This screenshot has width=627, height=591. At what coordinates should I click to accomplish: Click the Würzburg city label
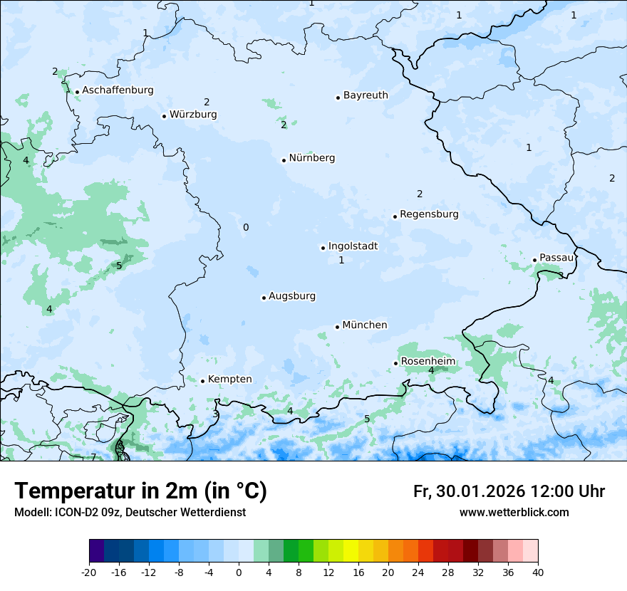193,115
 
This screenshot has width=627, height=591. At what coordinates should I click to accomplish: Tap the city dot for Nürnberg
284,160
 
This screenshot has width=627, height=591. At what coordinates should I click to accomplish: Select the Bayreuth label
366,95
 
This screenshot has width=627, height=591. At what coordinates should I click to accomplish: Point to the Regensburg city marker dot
395,216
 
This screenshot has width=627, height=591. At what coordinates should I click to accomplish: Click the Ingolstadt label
353,246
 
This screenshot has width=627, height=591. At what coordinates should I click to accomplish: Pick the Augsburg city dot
264,298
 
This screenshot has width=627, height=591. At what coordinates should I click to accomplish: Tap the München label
365,325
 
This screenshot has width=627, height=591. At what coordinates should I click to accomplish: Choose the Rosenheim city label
427,362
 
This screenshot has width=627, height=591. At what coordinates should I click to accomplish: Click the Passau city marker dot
534,260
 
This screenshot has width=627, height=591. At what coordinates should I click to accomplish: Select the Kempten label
229,380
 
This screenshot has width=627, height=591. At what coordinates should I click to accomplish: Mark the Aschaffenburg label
118,90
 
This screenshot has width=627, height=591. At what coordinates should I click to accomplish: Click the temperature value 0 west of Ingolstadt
246,227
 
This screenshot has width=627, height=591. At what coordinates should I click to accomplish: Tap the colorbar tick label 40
538,572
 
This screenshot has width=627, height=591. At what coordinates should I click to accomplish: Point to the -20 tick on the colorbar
89,572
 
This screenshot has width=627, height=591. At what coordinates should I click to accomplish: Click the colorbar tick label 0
239,572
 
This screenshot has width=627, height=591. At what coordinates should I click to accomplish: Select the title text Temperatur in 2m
109,491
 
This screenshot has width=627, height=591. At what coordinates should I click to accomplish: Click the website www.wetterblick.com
514,513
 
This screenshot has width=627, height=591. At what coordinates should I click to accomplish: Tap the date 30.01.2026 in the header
478,491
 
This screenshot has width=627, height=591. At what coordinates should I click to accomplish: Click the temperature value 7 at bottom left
93,457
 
